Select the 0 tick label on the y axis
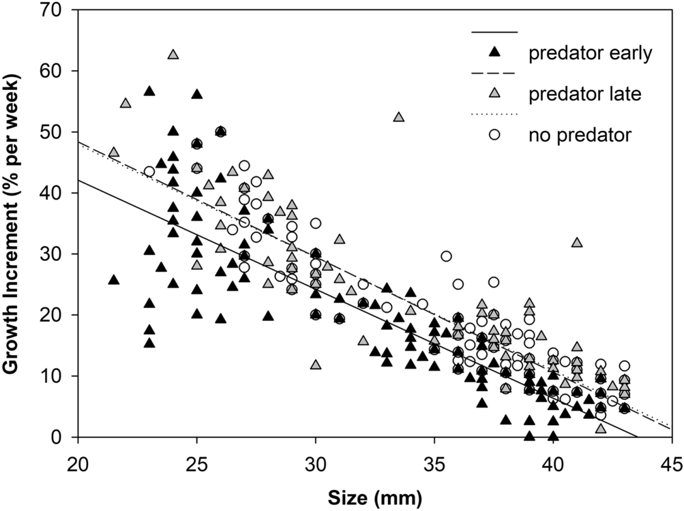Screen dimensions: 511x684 pos(65,437)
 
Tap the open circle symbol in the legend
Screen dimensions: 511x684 pos(495,135)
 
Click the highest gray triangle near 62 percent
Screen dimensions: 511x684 pos(173,55)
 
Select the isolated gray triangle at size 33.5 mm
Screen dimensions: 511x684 pos(399,117)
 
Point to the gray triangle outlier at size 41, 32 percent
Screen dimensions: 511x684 pos(577,243)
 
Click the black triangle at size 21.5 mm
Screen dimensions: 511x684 pos(114,280)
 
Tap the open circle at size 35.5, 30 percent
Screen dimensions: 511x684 pos(446,256)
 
